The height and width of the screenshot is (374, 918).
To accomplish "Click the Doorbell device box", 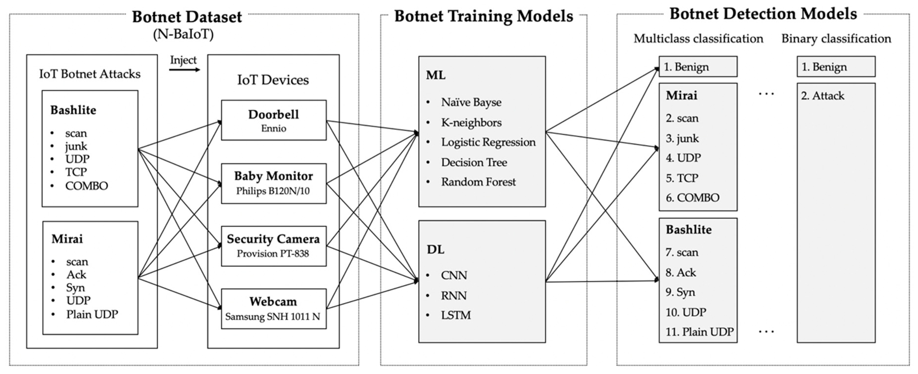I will pos(273,120).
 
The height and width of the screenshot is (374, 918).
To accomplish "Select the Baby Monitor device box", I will pos(273,183).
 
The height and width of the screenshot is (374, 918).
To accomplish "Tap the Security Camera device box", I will pos(273,246).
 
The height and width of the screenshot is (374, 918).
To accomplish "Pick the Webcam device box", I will pos(273,309).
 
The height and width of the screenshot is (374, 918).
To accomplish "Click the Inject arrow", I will pos(184,70).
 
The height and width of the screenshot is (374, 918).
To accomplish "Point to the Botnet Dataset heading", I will pos(187,17).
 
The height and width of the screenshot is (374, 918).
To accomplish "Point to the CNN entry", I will pos(454,275).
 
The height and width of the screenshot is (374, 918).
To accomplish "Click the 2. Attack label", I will pos(822,96).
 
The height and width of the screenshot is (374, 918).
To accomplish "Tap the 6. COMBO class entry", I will pos(693,198).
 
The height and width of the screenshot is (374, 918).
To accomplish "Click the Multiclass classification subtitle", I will pos(698,38).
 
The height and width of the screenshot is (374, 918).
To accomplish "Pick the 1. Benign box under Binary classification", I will pos(836,67).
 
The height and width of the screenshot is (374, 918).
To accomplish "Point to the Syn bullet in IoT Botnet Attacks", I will pos(75,288).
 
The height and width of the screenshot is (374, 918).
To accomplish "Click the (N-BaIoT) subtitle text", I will pos(184,34).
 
